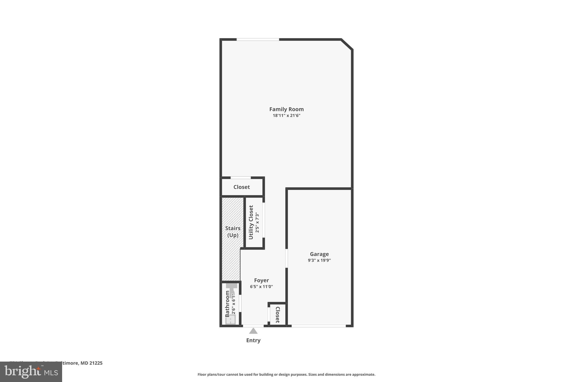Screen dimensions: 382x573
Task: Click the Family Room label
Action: pos(286,109)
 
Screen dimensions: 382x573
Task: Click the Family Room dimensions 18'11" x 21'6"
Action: pos(286,116)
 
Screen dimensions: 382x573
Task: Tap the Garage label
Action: pos(319,254)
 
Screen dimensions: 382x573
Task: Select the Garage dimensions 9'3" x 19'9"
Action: pos(319,260)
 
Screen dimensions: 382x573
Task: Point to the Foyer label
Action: pos(261,280)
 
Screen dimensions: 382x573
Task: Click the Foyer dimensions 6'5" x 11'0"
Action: pos(261,287)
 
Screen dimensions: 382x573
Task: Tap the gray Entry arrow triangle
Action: pos(253,331)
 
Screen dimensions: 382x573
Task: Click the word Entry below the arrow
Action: pos(253,340)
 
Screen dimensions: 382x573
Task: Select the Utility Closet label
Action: pos(251,222)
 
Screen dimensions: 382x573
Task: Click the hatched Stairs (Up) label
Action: pos(233,232)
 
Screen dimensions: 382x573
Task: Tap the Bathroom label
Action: pos(227,304)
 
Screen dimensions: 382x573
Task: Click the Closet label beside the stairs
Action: pos(241,187)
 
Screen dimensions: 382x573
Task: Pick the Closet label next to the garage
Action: pos(278,315)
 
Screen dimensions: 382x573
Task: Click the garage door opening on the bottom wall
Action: pos(319,326)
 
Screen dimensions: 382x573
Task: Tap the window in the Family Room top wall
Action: pos(258,39)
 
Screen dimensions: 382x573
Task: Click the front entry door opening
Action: pos(253,326)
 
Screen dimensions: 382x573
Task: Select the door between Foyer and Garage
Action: pos(286,258)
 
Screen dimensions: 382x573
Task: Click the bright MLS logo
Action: pos(31,372)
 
